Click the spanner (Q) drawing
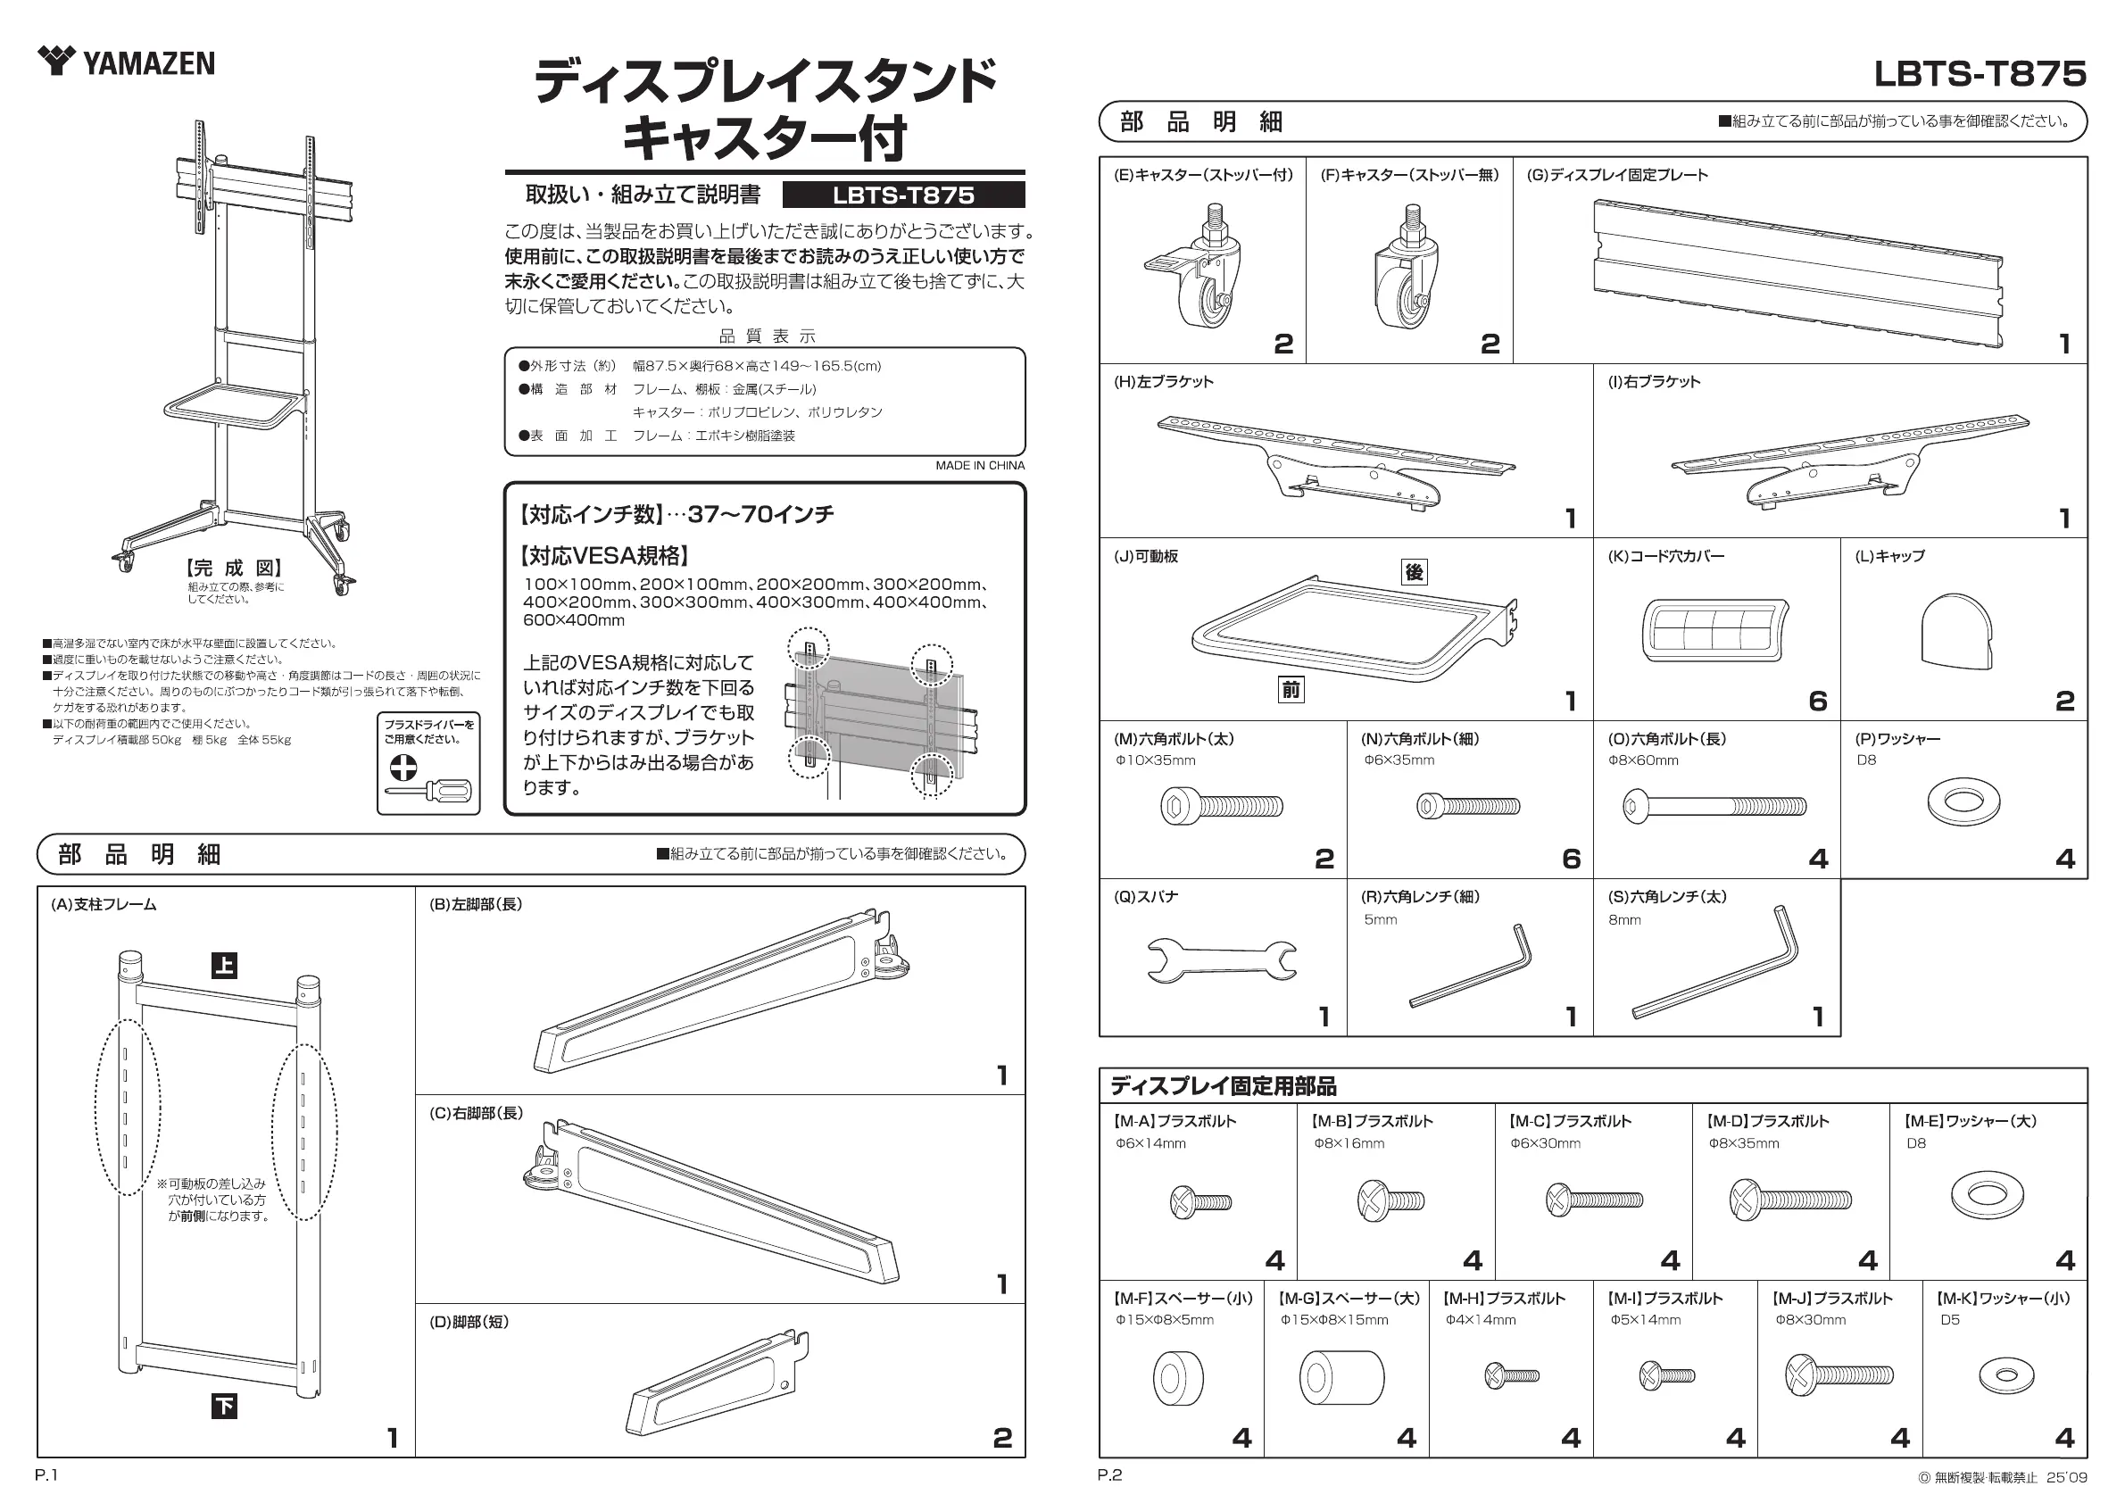pyautogui.click(x=1221, y=959)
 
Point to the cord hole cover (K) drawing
pyautogui.click(x=1715, y=630)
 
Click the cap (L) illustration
pyautogui.click(x=1955, y=631)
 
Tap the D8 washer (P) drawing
pyautogui.click(x=1963, y=801)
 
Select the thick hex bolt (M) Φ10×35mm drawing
pyautogui.click(x=1221, y=806)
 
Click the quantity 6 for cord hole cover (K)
pyautogui.click(x=1818, y=701)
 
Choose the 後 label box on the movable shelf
pyautogui.click(x=1415, y=572)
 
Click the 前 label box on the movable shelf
pyautogui.click(x=1291, y=690)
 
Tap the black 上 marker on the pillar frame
pyautogui.click(x=224, y=967)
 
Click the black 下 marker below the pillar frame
pyautogui.click(x=224, y=1407)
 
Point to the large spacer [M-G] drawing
pyautogui.click(x=1341, y=1377)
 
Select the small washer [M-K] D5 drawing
pyautogui.click(x=2006, y=1375)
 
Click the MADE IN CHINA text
pyautogui.click(x=979, y=466)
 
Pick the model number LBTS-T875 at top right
pyautogui.click(x=1980, y=74)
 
